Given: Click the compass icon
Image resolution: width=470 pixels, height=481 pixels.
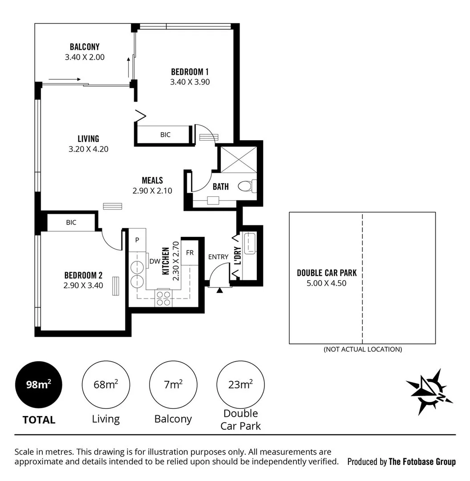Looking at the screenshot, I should [429, 391].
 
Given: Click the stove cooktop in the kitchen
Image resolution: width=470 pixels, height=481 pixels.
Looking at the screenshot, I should [163, 298].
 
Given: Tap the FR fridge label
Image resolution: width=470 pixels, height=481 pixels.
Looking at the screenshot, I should [190, 253].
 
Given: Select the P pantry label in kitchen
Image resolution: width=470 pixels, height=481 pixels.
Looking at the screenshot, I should [137, 240].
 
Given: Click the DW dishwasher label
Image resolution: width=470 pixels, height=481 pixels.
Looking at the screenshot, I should [154, 261].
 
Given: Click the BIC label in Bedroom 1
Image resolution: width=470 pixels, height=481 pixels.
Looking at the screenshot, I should [165, 135].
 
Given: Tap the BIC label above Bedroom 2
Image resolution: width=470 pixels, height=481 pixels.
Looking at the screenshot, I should [71, 222].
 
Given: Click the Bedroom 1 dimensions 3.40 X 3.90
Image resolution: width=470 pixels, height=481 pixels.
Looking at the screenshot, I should [190, 82].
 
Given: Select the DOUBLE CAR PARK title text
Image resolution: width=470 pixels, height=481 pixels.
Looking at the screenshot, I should [327, 273].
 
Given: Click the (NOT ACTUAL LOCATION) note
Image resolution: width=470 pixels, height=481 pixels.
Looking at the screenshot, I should [362, 349].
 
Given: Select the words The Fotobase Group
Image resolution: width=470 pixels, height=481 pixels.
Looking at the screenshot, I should [422, 461].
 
